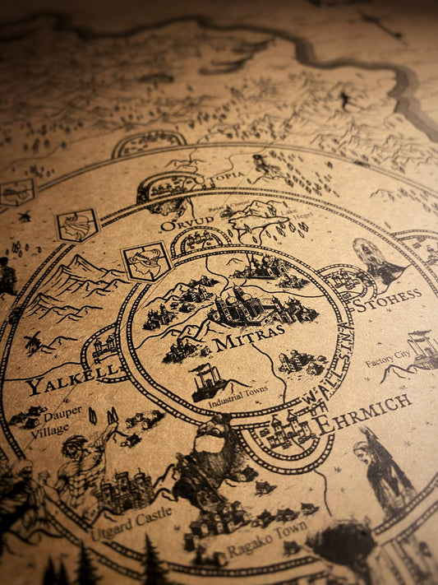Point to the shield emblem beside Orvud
(x=147, y=261)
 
